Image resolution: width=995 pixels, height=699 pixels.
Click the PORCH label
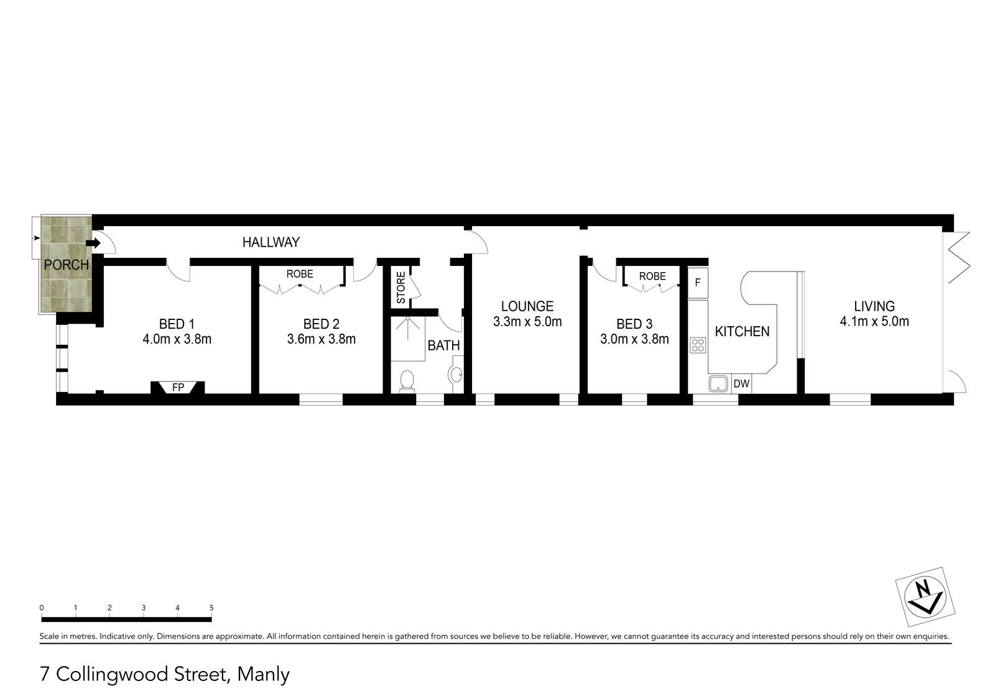[66, 265]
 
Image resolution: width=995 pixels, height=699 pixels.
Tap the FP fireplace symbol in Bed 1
[178, 387]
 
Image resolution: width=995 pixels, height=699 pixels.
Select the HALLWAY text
[271, 242]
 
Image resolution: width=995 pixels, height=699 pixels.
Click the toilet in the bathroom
[407, 380]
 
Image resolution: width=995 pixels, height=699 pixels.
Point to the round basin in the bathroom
[455, 375]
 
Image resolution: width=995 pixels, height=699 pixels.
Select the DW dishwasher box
[741, 384]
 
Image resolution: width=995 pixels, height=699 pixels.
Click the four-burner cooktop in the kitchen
[698, 345]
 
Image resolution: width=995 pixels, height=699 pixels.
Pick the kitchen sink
[719, 384]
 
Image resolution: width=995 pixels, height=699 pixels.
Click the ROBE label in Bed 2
[300, 274]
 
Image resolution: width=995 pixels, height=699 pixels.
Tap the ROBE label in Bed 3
[652, 276]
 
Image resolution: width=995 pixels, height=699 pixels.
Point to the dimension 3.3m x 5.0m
[527, 322]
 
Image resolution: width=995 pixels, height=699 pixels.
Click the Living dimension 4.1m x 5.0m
[874, 321]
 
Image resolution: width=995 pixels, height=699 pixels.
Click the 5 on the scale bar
[211, 608]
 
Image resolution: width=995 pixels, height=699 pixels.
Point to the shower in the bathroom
[408, 338]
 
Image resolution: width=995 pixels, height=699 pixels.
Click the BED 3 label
[634, 324]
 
